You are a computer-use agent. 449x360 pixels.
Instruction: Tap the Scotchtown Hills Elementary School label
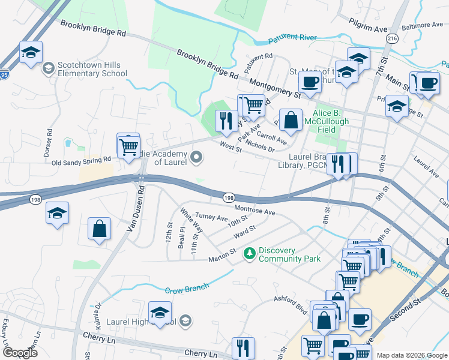pyautogui.click(x=92, y=70)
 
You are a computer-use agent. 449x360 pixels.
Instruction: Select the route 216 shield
pyautogui.click(x=392, y=38)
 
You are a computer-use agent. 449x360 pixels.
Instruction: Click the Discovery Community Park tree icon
pyautogui.click(x=250, y=254)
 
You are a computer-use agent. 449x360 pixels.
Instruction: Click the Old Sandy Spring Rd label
pyautogui.click(x=82, y=160)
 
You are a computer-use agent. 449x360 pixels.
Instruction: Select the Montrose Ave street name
pyautogui.click(x=255, y=209)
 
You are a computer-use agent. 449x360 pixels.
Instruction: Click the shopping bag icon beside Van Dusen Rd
pyautogui.click(x=99, y=229)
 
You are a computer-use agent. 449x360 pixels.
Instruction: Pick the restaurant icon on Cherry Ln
pyautogui.click(x=243, y=347)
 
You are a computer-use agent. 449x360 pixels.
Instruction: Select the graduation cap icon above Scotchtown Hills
pyautogui.click(x=31, y=52)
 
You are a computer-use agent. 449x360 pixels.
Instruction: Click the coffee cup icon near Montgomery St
pyautogui.click(x=310, y=82)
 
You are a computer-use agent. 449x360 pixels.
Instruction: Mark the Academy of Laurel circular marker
pyautogui.click(x=196, y=158)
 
